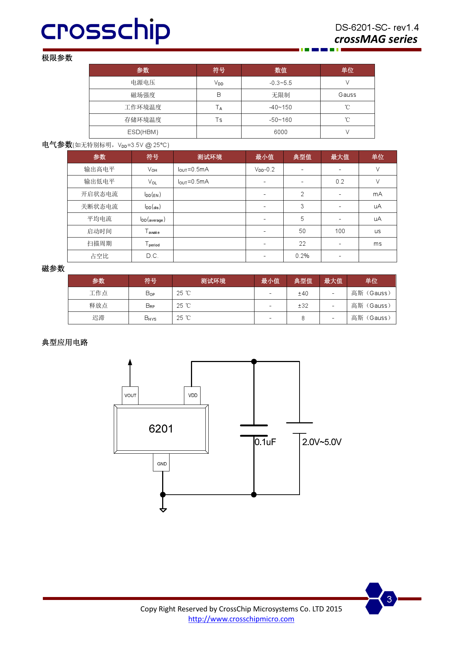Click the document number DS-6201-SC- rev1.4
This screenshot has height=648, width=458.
coord(377,28)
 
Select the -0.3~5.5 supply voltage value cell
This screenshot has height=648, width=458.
coord(280,83)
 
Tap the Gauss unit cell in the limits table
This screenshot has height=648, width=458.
coord(347,95)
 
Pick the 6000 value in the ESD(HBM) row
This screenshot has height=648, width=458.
coord(280,132)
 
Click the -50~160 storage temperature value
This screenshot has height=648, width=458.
coord(280,120)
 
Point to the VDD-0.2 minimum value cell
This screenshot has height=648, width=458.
coord(264,170)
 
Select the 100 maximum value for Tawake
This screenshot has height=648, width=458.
coord(340,231)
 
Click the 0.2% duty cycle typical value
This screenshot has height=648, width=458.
coord(302,256)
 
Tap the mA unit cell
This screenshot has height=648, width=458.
coord(377,194)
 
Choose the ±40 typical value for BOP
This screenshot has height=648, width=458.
coord(303,293)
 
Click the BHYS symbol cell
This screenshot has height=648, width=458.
coord(150,318)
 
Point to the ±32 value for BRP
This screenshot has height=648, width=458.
coord(303,306)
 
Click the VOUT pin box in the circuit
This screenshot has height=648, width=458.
coord(130,395)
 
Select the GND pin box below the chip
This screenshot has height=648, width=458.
coord(162,464)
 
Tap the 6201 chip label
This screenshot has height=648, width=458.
coord(161,429)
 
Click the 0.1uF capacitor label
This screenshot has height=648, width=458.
coord(265,442)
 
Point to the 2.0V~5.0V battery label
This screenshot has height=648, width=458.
coord(322,442)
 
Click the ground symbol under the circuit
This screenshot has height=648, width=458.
coord(163,509)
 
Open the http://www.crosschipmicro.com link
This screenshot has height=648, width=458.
coord(241,619)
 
